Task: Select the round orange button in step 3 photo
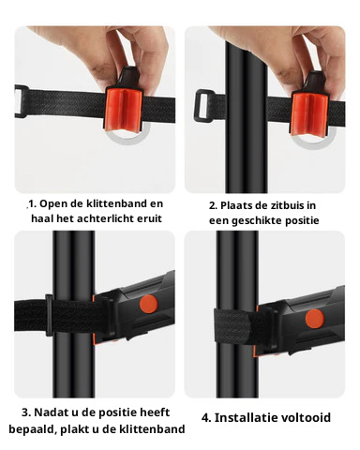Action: [x=148, y=305]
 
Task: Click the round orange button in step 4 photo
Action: [x=315, y=319]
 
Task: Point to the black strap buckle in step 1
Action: [x=22, y=101]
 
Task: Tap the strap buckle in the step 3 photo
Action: [x=49, y=315]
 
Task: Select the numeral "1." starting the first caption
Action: [x=33, y=203]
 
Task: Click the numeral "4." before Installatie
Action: [x=206, y=418]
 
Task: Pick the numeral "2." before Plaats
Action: [x=214, y=206]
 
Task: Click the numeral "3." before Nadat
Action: [x=26, y=412]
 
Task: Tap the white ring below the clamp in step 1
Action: [x=127, y=139]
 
